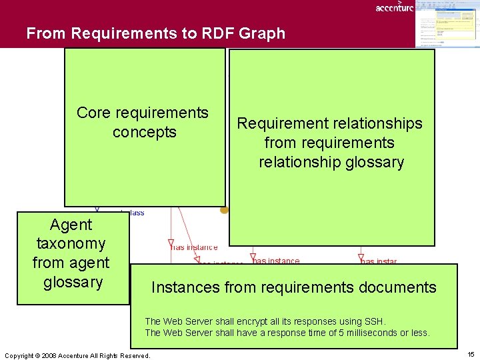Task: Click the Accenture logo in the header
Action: tap(394, 7)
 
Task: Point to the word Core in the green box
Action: tap(93, 113)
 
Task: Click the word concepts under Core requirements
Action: tap(144, 132)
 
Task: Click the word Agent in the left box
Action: tap(71, 225)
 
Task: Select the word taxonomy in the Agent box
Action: tap(71, 243)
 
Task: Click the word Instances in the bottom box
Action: tap(185, 287)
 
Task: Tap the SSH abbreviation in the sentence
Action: tap(373, 321)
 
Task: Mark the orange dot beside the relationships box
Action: tap(225, 210)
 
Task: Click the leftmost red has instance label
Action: tap(195, 247)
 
